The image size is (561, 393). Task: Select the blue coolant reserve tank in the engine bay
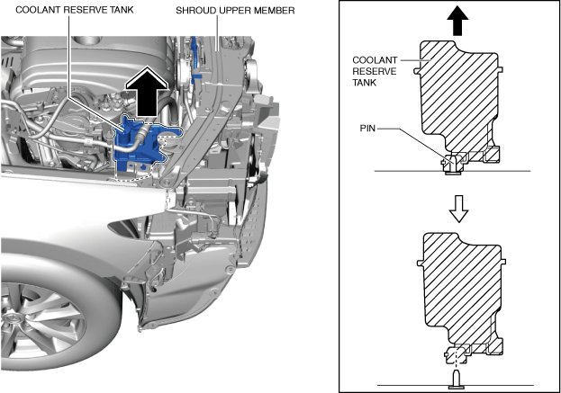click(144, 144)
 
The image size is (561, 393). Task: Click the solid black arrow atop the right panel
click(457, 17)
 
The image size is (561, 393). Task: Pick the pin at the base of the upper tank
click(451, 162)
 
